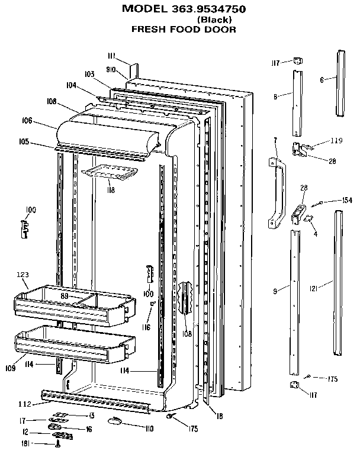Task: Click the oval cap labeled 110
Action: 115,420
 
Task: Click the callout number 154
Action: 347,201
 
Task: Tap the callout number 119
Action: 336,141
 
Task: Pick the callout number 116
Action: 146,327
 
